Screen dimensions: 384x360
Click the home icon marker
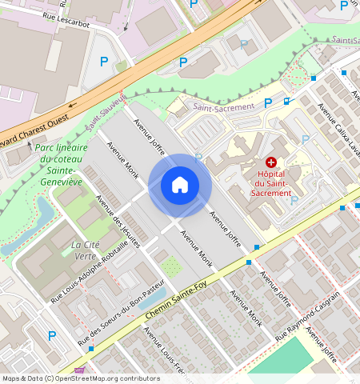pos(180,185)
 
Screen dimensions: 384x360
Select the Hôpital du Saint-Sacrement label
pos(265,183)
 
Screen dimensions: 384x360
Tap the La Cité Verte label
pos(89,250)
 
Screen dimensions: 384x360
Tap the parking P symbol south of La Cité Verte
pos(53,336)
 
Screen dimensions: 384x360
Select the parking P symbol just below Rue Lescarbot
pos(103,61)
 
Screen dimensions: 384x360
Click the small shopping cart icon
pos(78,370)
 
